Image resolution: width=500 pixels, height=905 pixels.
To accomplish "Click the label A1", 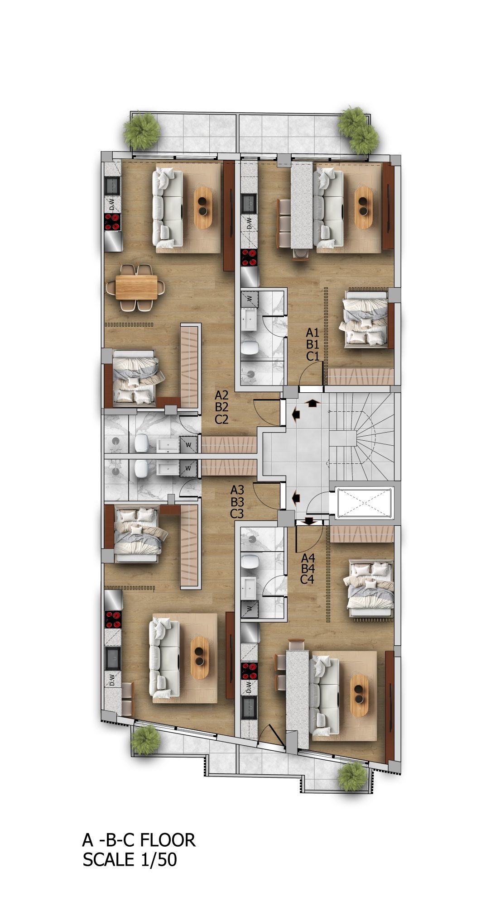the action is (313, 333).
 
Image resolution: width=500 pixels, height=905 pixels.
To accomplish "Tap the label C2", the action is (221, 419).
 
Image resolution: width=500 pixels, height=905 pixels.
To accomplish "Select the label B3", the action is (237, 502).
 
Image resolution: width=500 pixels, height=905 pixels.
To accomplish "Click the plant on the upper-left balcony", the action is (142, 131).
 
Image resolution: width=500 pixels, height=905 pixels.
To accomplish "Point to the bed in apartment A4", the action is (369, 589).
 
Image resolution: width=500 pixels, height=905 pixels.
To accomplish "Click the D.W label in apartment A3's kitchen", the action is (112, 679).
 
